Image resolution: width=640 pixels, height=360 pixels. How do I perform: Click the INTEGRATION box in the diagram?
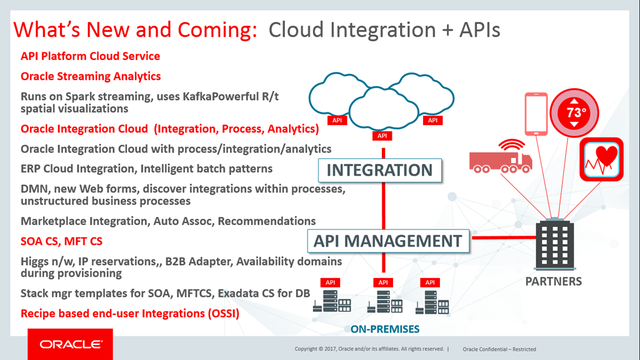click(x=379, y=170)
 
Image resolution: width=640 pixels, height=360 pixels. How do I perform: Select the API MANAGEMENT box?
click(x=388, y=241)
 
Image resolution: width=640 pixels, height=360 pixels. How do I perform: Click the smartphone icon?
click(x=536, y=114)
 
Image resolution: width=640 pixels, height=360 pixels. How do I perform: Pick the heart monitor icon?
click(x=601, y=159)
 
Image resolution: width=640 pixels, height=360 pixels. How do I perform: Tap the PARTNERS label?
click(x=554, y=281)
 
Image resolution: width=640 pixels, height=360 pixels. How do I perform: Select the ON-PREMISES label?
click(x=384, y=329)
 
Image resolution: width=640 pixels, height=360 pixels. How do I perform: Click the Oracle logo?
click(x=70, y=344)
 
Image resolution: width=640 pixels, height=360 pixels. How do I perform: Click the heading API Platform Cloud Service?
click(x=90, y=56)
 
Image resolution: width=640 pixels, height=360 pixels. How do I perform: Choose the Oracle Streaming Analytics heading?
click(x=91, y=76)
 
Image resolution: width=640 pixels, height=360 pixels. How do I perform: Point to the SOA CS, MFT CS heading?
click(x=61, y=241)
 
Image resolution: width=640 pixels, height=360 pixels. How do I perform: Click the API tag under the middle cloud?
click(x=382, y=136)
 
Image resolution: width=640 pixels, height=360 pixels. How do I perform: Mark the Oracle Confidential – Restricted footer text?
click(x=499, y=349)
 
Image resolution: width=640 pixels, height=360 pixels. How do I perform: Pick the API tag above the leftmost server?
click(x=327, y=282)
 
